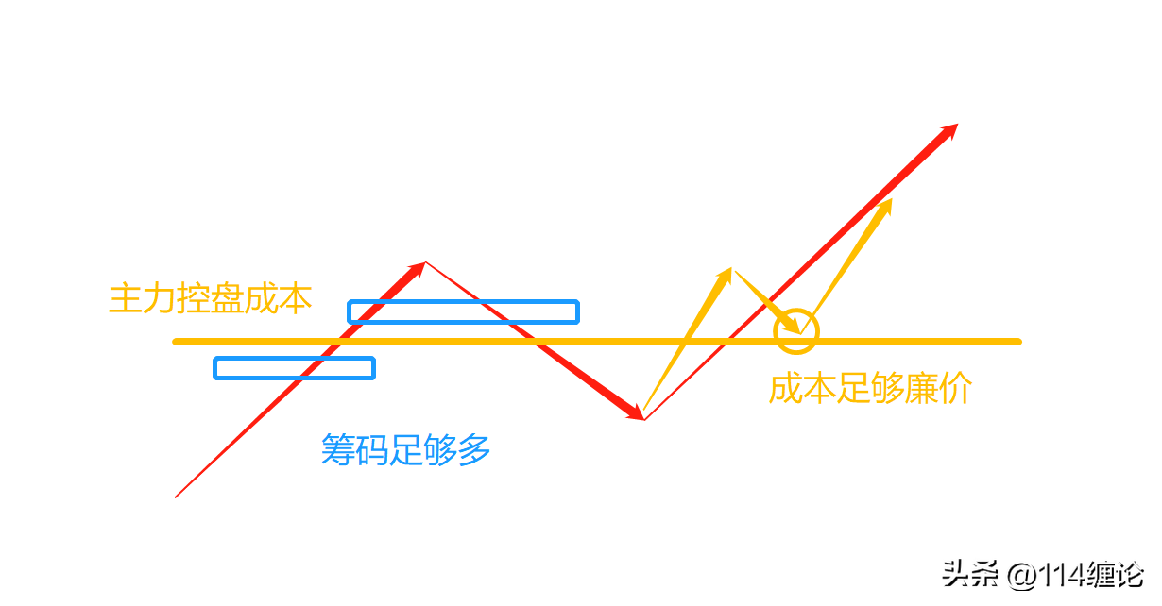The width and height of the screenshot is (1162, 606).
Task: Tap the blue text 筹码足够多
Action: [x=406, y=449]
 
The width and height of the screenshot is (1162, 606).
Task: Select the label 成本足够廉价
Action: [x=870, y=388]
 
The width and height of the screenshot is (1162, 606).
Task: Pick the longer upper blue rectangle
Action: [x=463, y=311]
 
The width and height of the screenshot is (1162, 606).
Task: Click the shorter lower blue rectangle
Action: [x=294, y=368]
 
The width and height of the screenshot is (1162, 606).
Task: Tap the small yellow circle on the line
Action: [x=796, y=330]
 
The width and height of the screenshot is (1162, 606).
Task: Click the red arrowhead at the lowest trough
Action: [x=635, y=412]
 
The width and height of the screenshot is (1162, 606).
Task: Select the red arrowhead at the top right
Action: [x=948, y=131]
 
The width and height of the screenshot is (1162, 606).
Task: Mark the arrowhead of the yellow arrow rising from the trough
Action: [x=725, y=277]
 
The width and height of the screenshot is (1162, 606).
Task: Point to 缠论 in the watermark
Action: [x=1116, y=573]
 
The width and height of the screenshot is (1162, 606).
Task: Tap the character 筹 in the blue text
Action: [x=338, y=449]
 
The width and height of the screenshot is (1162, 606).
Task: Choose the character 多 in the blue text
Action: [x=474, y=449]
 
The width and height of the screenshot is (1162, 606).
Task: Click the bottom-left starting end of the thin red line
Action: [x=177, y=496]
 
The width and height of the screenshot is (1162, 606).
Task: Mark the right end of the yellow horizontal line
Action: [x=1017, y=341]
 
